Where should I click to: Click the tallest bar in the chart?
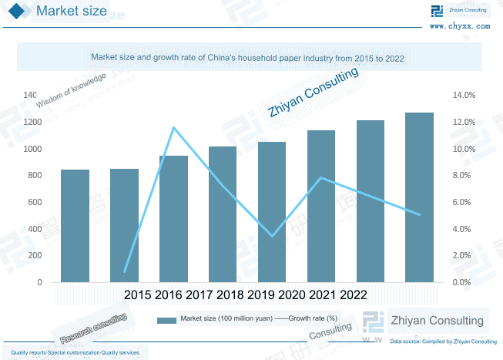pyautogui.click(x=419, y=197)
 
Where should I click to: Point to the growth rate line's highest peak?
pyautogui.click(x=173, y=127)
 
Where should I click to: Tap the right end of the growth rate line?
pyautogui.click(x=419, y=214)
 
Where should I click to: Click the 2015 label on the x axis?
pyautogui.click(x=137, y=295)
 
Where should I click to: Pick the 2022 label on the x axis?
pyautogui.click(x=353, y=295)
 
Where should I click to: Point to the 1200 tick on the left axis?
pyautogui.click(x=32, y=122)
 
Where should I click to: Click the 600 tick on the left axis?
pyautogui.click(x=35, y=202)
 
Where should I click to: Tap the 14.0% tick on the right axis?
pyautogui.click(x=464, y=96)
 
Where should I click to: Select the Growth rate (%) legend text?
pyautogui.click(x=313, y=318)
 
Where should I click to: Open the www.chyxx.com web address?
pyautogui.click(x=459, y=25)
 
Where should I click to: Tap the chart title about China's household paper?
pyautogui.click(x=247, y=58)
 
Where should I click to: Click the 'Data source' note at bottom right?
pyautogui.click(x=443, y=341)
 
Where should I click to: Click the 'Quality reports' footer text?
pyautogui.click(x=75, y=352)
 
